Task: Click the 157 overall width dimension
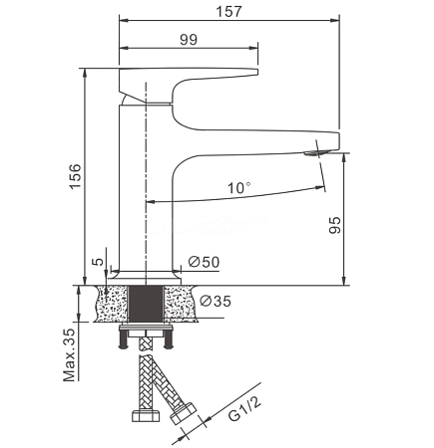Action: click(x=228, y=12)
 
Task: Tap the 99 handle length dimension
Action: click(x=189, y=40)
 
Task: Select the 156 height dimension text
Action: click(x=76, y=176)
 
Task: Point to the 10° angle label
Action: click(x=239, y=188)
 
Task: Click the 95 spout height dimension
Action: click(x=335, y=225)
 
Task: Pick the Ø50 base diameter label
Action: click(x=204, y=262)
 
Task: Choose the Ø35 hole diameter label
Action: click(x=216, y=301)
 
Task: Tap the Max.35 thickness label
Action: click(x=69, y=355)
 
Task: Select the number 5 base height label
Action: click(x=98, y=262)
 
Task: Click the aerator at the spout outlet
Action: click(x=316, y=153)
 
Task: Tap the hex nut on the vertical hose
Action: click(x=146, y=416)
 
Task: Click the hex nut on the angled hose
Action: click(x=184, y=413)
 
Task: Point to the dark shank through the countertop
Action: click(x=146, y=304)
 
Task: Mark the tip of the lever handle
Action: click(x=258, y=72)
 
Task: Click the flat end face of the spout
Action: click(x=338, y=140)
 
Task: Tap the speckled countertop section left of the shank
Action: click(x=112, y=304)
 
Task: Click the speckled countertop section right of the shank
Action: click(x=181, y=304)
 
